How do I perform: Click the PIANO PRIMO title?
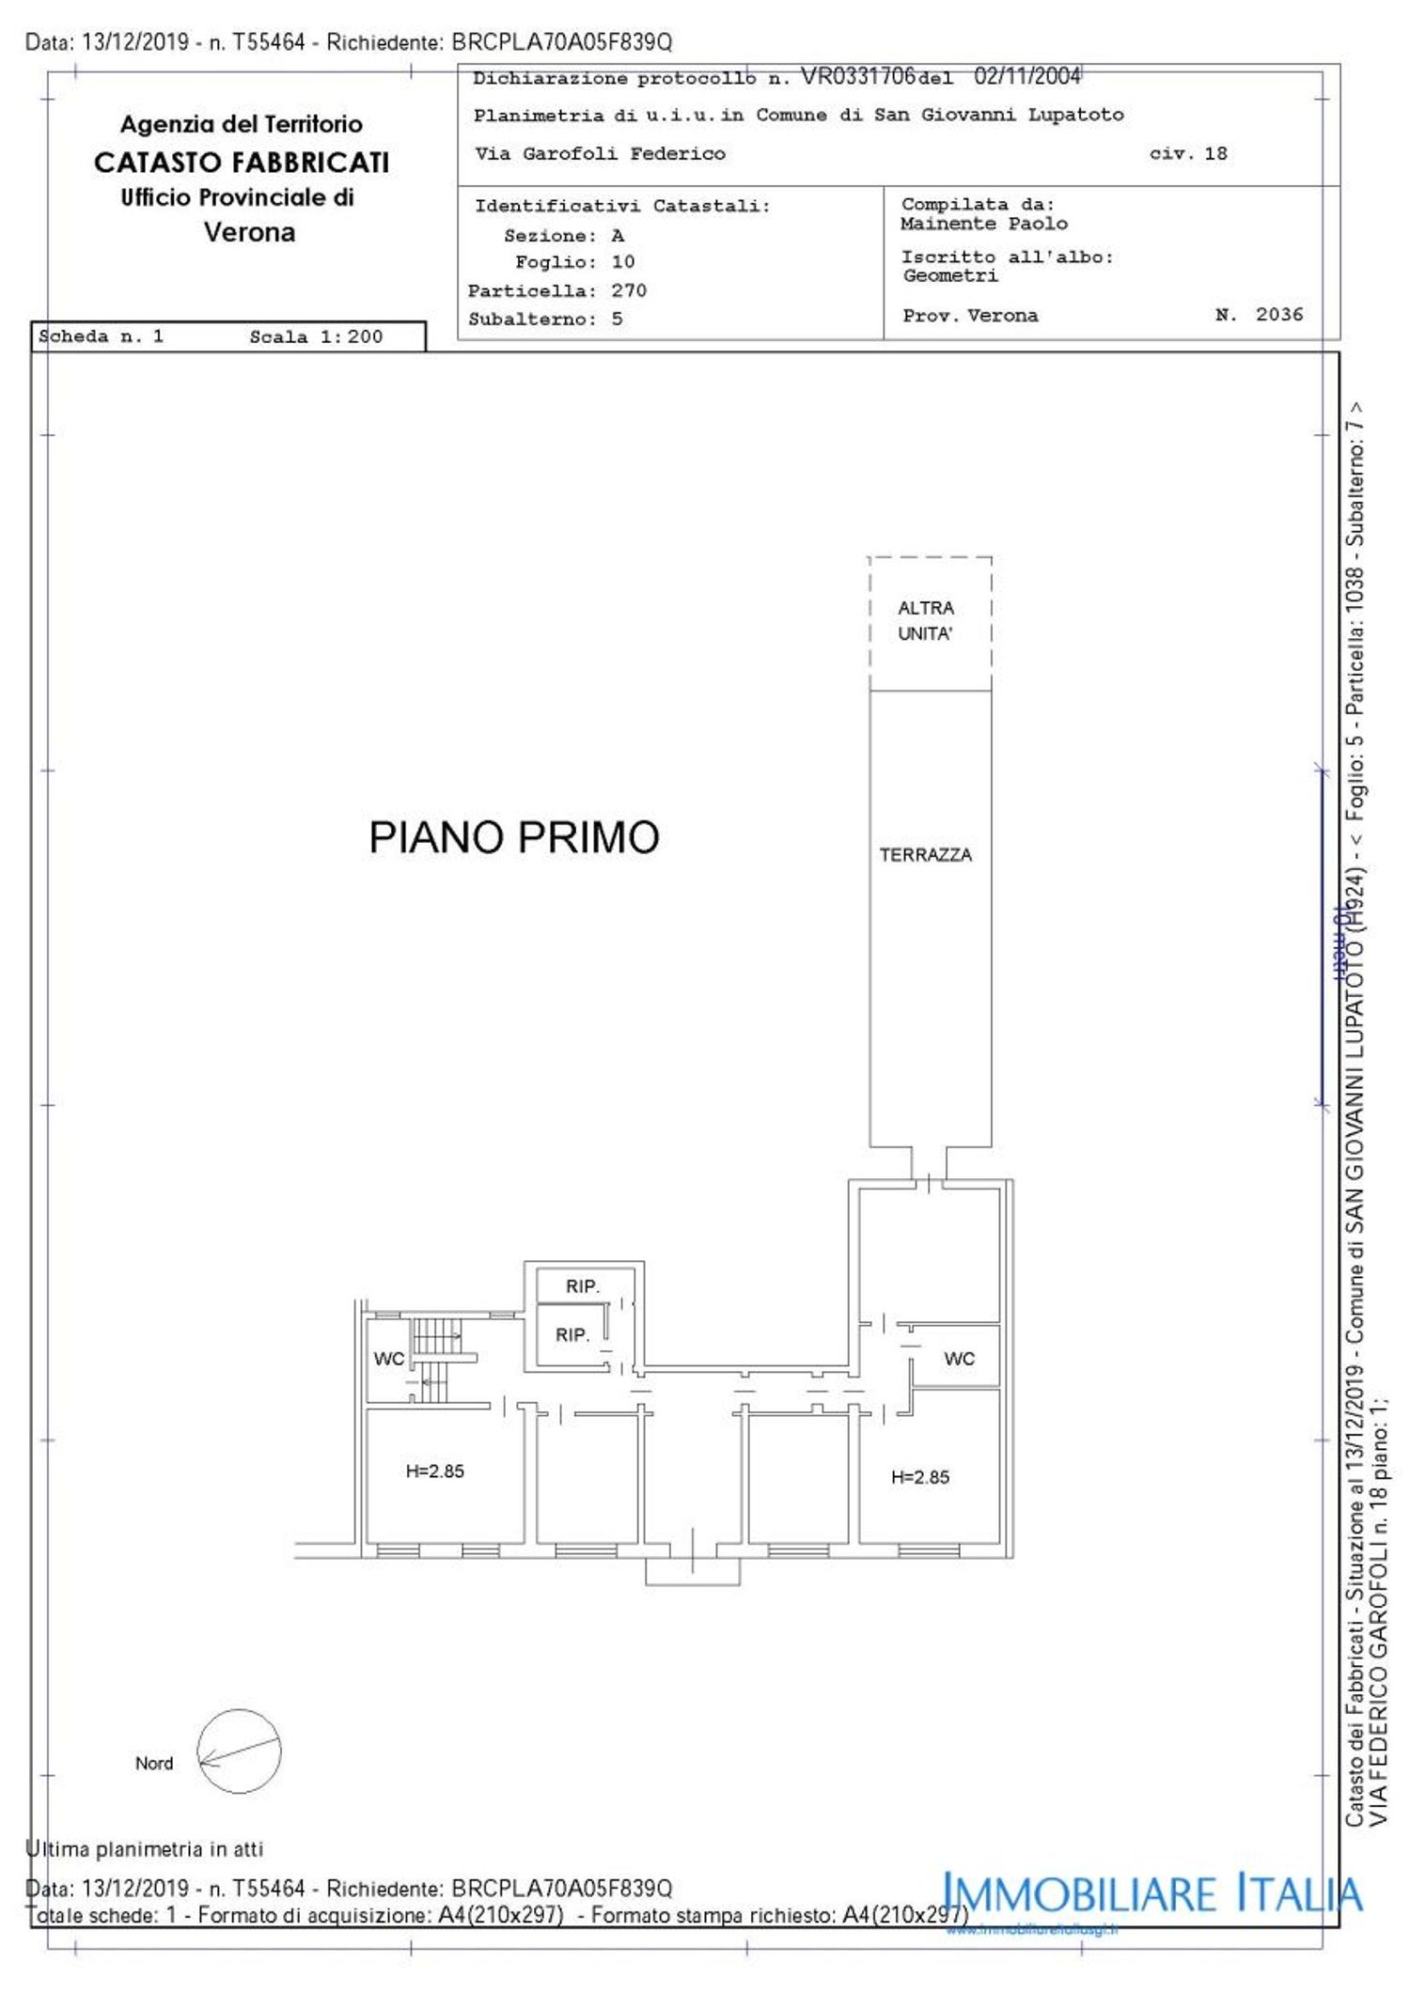point(513,837)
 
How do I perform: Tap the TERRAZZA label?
point(925,855)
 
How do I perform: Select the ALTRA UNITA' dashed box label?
point(925,620)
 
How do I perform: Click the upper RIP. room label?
point(582,1286)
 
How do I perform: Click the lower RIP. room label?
point(572,1334)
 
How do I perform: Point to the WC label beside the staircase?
point(388,1359)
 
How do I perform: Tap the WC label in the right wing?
point(959,1359)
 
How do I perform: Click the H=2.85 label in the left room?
point(434,1471)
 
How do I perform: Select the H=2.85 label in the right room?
point(919,1477)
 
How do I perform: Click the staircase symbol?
point(434,1359)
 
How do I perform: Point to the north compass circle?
point(239,1752)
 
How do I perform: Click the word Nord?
point(154,1764)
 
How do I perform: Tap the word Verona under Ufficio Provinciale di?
point(249,232)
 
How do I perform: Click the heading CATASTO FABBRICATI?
point(242,163)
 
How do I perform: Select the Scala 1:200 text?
point(316,336)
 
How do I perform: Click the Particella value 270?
point(629,290)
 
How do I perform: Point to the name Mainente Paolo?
point(983,224)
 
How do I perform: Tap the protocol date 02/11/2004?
point(1026,76)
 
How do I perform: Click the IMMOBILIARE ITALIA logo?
point(1151,1893)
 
